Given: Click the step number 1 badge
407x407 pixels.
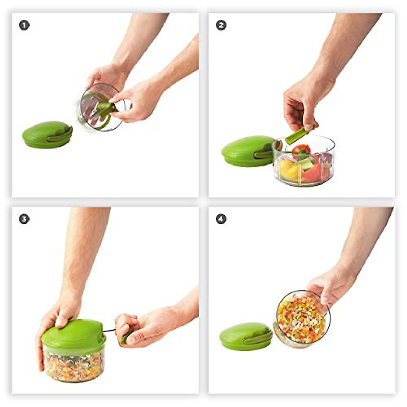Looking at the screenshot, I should [x=24, y=25].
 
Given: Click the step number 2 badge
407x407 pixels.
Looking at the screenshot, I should [x=221, y=25].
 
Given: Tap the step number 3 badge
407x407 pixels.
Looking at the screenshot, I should [x=24, y=219].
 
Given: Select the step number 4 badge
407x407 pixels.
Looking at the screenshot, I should [x=221, y=219].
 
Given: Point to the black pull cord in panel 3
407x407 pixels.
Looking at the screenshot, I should [x=109, y=330].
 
